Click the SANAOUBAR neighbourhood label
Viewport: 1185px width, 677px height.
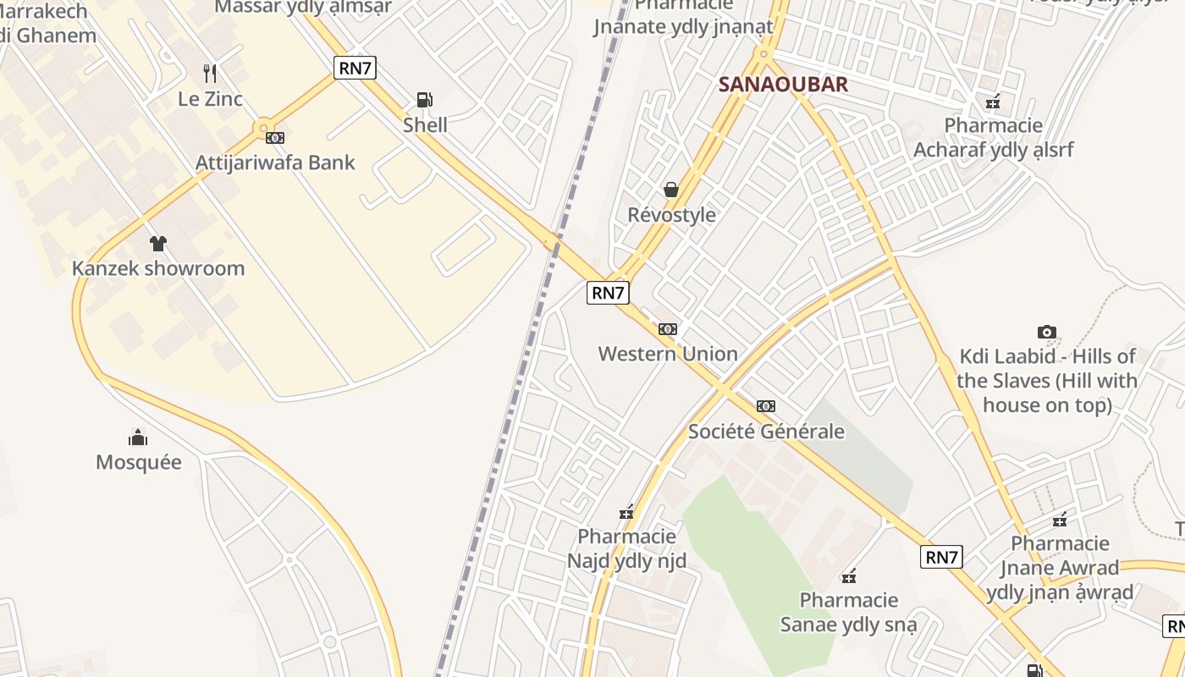783,84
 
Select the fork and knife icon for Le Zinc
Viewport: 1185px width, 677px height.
210,74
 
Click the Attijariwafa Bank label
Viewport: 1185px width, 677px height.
275,162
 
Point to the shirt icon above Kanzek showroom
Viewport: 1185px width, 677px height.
158,244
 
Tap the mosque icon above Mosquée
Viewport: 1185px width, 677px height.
138,437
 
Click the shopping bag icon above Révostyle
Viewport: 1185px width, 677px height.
671,190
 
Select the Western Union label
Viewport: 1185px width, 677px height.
668,354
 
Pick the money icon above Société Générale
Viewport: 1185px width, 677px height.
766,406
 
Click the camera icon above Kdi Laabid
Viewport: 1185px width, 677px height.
1047,332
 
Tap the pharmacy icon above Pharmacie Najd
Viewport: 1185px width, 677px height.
626,511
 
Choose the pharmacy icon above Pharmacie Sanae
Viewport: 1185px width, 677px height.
849,576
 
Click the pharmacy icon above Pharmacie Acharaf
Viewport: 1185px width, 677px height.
993,102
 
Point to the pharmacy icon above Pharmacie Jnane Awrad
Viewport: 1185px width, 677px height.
1060,519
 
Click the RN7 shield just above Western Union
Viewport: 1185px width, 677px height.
608,293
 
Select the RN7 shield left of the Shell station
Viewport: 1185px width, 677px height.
355,68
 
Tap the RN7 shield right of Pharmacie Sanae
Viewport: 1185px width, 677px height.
941,557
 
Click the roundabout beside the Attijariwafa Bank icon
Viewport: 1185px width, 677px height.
263,128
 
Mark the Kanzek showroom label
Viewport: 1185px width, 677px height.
158,268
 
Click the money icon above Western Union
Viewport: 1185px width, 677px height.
668,328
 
